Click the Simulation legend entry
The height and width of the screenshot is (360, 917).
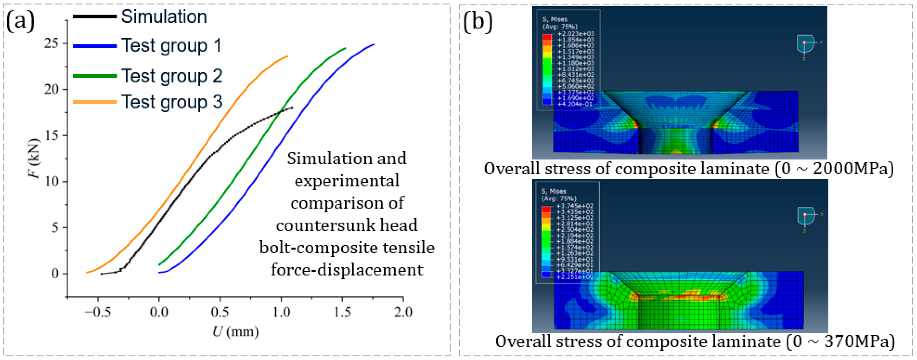164,17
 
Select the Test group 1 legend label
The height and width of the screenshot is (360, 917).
171,46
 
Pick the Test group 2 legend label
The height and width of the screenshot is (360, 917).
172,76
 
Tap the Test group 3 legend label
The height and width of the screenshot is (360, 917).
172,102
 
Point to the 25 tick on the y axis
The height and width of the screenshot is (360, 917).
51,43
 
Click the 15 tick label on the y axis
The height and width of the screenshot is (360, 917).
51,135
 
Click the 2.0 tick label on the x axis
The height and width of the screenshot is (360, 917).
403,312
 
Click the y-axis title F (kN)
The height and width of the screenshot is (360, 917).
34,158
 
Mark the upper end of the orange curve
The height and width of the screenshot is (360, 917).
287,56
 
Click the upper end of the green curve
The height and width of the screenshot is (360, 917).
345,48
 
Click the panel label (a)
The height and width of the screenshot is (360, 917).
20,21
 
